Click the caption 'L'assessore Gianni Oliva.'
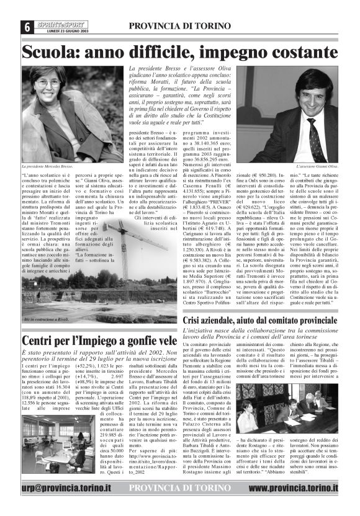316,167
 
